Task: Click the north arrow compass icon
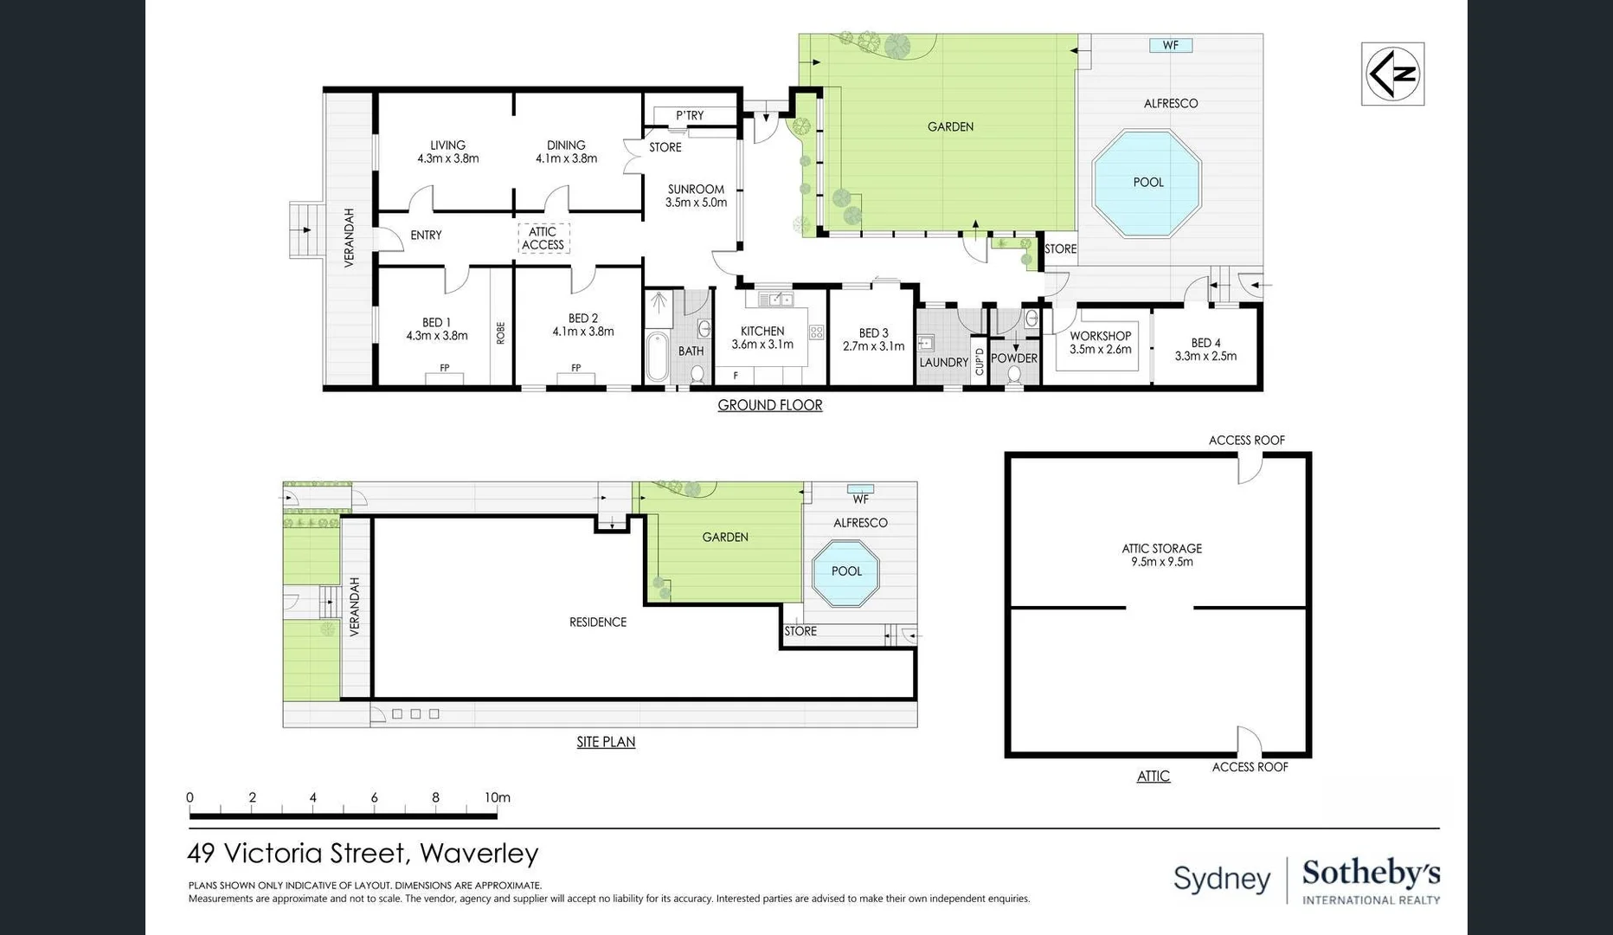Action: tap(1392, 74)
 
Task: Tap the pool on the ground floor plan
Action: tap(1147, 183)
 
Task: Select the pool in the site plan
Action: tap(845, 571)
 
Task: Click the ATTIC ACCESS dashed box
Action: tap(543, 238)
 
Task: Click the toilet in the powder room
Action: tap(1014, 376)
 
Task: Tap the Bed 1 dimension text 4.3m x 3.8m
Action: tap(437, 336)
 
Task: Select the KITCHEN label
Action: tap(762, 331)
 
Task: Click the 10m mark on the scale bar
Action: tap(497, 798)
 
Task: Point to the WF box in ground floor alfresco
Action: tap(1170, 45)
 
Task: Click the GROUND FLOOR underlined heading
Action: tap(769, 405)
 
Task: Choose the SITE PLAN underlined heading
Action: tap(606, 742)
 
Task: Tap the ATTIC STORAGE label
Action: tap(1161, 548)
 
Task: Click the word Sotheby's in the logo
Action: tap(1371, 874)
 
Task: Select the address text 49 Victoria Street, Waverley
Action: tap(363, 854)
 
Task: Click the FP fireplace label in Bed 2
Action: tap(575, 369)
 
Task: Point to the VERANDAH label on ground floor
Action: tap(350, 237)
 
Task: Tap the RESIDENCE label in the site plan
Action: tap(597, 622)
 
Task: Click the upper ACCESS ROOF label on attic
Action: tap(1246, 440)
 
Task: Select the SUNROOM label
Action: tap(696, 189)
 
